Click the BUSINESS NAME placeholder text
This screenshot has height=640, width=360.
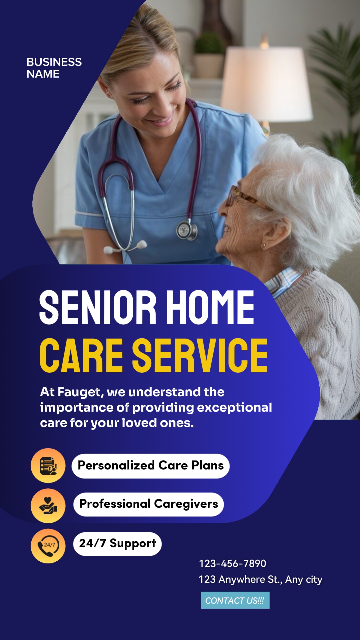click(54, 68)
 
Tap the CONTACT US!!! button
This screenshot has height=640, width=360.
click(235, 600)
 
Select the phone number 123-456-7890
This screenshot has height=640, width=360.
click(232, 564)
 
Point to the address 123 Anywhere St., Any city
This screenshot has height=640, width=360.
click(260, 580)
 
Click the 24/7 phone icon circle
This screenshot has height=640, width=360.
click(48, 546)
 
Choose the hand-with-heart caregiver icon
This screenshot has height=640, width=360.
click(48, 506)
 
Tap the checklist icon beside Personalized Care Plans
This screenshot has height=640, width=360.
click(48, 466)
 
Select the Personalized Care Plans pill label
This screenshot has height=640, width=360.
click(151, 466)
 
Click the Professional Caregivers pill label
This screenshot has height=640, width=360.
click(149, 504)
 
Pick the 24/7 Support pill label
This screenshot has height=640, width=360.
click(117, 544)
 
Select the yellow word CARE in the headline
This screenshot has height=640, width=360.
click(81, 355)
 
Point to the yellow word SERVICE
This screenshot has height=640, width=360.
click(200, 355)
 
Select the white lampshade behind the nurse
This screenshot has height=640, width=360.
click(267, 83)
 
